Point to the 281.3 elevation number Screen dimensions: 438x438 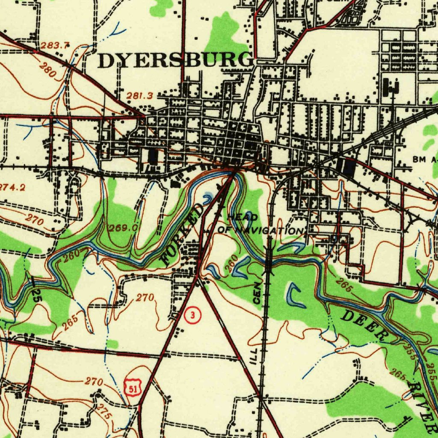pyautogui.click(x=139, y=96)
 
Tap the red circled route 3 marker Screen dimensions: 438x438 pyautogui.click(x=193, y=316)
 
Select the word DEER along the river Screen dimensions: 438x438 pyautogui.click(x=363, y=326)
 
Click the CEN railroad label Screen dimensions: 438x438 pyautogui.click(x=256, y=293)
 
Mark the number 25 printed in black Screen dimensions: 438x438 pyautogui.click(x=37, y=295)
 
